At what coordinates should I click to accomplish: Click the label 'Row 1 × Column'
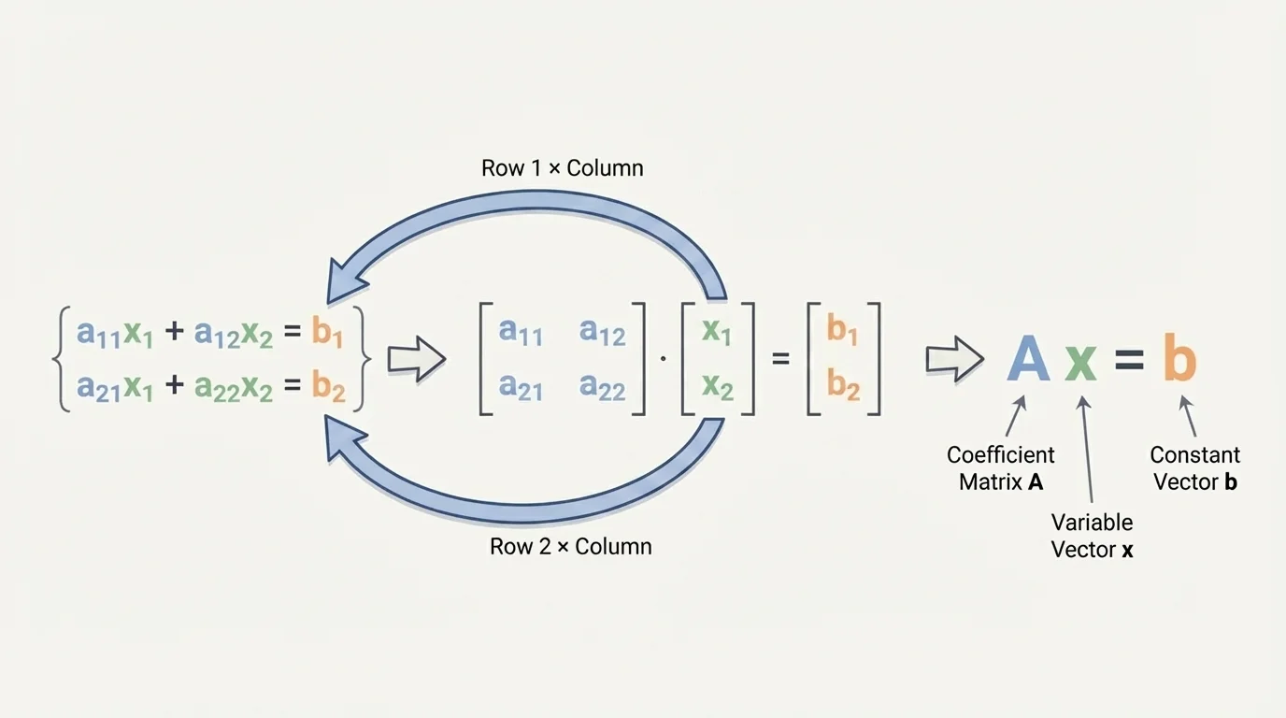562,168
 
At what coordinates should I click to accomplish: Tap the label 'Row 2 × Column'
570,546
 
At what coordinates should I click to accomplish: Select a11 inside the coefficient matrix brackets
520,332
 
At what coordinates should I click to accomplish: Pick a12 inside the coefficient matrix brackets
602,332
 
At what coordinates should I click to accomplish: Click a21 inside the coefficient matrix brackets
520,385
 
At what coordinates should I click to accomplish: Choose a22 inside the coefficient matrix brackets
602,385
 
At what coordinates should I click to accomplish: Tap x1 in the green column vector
716,332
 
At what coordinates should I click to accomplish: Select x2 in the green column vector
717,385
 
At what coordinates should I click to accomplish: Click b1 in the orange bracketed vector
842,332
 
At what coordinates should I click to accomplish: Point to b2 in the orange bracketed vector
843,385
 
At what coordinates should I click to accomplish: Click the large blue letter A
1028,360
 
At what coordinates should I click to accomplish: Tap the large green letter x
1081,363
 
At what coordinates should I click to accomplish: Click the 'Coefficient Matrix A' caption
1000,468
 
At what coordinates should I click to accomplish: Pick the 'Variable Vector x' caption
1092,536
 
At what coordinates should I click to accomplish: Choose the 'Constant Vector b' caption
1194,468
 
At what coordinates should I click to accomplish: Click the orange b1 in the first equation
327,332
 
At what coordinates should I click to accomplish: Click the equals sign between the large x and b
1130,363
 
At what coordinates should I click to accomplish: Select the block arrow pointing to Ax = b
953,359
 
